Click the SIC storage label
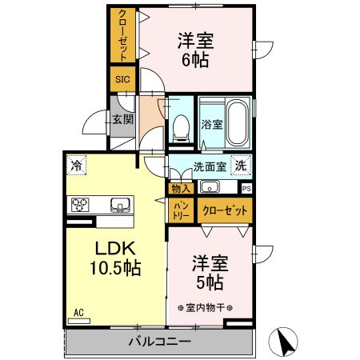pos(122,79)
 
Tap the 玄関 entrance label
pos(123,119)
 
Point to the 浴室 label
pos(211,125)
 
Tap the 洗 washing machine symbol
pos(241,166)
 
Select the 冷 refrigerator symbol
pos(77,166)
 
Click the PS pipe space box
pos(246,189)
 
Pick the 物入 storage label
pos(180,189)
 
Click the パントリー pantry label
pos(180,210)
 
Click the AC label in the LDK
pos(78,312)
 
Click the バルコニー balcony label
pos(159,342)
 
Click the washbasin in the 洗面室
pos(210,188)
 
